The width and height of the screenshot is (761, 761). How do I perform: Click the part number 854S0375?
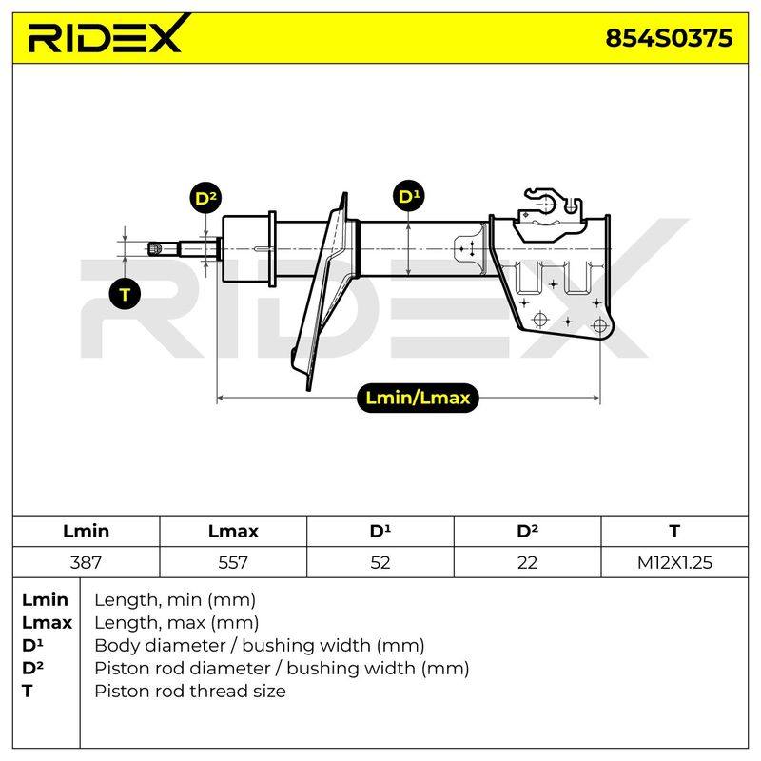point(669,38)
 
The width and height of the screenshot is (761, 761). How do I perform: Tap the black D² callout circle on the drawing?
point(205,198)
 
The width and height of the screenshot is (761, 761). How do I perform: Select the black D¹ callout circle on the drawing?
point(409,196)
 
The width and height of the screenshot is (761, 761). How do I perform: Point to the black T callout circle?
point(125,294)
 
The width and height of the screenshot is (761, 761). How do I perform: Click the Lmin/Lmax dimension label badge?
point(418,398)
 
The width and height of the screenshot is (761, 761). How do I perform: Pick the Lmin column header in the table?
point(86,531)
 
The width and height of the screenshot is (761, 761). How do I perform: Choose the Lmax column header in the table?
point(233,531)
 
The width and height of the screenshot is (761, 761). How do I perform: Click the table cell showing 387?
point(86,562)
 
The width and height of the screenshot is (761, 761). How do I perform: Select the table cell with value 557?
point(233,562)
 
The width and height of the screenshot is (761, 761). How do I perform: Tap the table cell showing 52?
point(380,562)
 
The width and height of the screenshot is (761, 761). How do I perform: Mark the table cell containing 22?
point(527,562)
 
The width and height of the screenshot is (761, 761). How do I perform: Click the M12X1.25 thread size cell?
point(674,562)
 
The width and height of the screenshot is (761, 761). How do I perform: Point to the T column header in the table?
point(674,531)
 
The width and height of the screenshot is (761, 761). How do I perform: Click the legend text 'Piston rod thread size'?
point(190,691)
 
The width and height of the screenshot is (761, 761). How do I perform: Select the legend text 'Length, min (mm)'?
point(175,600)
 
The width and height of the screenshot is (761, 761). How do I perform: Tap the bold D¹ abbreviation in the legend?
point(32,645)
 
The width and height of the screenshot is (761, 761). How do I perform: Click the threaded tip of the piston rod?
point(155,249)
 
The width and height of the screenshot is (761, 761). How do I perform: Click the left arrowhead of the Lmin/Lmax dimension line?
point(220,398)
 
